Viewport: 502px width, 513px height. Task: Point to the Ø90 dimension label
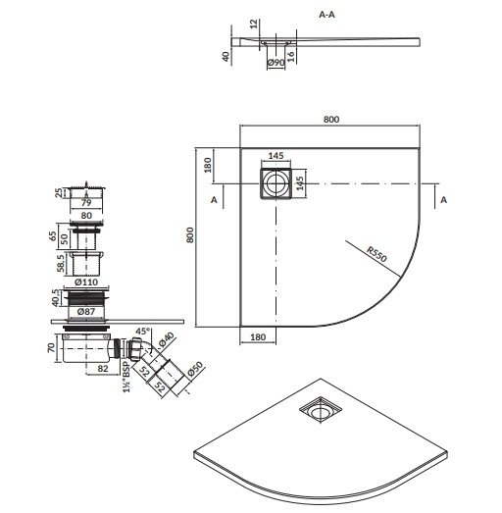(276, 63)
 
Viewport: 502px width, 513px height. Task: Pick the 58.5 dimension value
(64, 265)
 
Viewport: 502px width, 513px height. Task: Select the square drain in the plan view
(274, 182)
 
